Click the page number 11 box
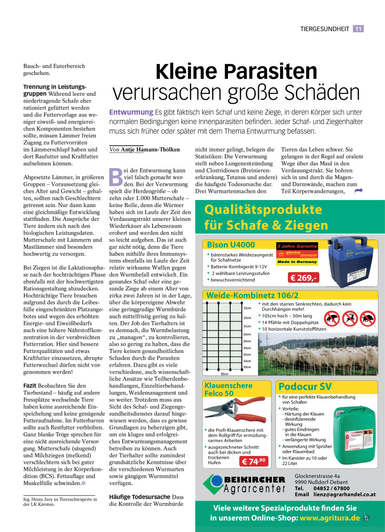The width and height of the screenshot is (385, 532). (x=358, y=29)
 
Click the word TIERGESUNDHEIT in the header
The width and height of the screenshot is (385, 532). (x=325, y=29)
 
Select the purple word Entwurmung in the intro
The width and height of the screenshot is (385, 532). (x=131, y=112)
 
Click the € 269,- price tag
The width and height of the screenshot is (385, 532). (x=303, y=278)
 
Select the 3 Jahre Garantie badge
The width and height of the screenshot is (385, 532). (x=297, y=246)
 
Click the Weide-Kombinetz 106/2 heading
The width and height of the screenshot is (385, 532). (x=253, y=295)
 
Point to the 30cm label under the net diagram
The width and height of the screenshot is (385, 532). (x=225, y=374)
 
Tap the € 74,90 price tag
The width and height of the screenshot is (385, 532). (x=254, y=462)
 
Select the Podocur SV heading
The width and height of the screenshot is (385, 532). (x=306, y=387)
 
